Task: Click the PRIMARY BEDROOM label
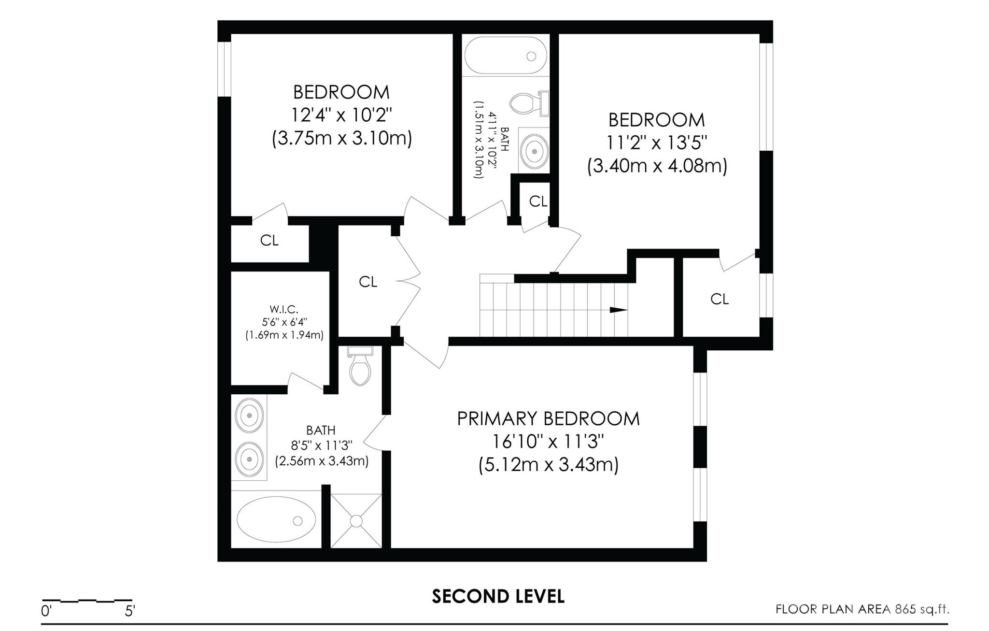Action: (x=548, y=418)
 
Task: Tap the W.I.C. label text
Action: (x=284, y=309)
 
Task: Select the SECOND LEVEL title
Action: (x=498, y=597)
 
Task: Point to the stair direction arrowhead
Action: (x=619, y=310)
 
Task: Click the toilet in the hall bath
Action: (x=528, y=103)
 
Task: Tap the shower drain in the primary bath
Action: (x=356, y=521)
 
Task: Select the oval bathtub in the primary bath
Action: (x=276, y=520)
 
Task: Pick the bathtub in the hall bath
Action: (x=506, y=56)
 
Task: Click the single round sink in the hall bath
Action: (x=535, y=151)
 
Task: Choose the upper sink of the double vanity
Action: (x=249, y=415)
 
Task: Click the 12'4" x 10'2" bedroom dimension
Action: (x=341, y=115)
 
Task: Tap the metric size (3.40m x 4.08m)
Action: (x=657, y=166)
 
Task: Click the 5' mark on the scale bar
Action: (x=129, y=611)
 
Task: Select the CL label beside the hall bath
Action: (x=538, y=201)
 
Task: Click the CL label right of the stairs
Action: (x=720, y=300)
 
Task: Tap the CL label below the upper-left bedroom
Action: (x=269, y=241)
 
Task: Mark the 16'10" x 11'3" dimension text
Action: (x=548, y=442)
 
